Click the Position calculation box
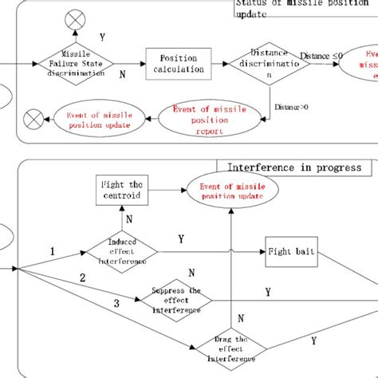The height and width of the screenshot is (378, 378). coord(178,63)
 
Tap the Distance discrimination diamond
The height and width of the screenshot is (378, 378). coord(263,63)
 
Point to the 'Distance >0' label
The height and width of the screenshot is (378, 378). coord(291,105)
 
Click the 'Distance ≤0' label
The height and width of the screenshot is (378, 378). coord(325,55)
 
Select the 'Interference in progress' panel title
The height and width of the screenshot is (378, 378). coord(294,168)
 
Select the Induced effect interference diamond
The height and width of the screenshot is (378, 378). coord(121,252)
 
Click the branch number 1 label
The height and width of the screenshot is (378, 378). coord(53,251)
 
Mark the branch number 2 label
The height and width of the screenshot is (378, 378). coord(81,278)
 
